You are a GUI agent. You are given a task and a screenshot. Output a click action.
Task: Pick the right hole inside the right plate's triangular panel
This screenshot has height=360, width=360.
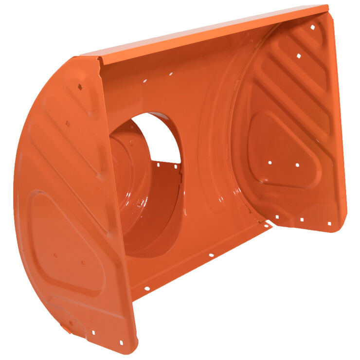[297, 165]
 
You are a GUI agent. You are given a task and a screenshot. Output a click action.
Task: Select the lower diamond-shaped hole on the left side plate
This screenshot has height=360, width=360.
[68, 124]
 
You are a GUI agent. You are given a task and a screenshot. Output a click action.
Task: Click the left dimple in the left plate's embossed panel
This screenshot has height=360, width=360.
[55, 254]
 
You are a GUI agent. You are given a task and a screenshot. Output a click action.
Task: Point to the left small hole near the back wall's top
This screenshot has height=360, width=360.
[144, 81]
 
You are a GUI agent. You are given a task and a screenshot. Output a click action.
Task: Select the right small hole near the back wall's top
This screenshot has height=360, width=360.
[170, 74]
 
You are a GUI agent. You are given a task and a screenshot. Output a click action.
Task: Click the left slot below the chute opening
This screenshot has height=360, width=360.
[159, 164]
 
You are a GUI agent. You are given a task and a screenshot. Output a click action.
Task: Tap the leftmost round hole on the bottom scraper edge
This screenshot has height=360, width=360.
[146, 289]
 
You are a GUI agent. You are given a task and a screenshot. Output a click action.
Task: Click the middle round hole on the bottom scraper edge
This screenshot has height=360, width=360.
[211, 254]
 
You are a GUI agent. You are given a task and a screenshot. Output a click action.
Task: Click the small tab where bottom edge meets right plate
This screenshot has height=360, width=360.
[267, 225]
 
